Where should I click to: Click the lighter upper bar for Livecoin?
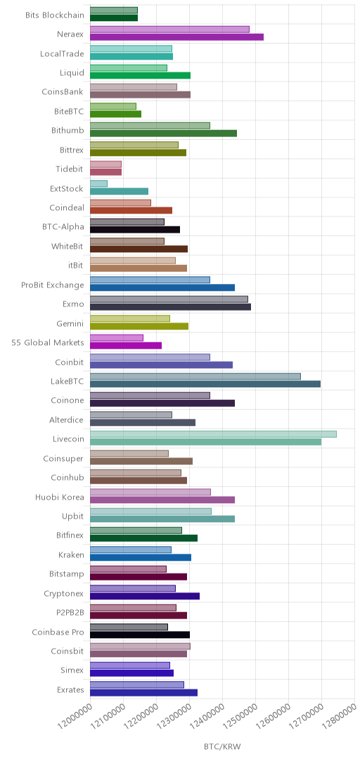[213, 434]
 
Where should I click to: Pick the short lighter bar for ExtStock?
[99, 183]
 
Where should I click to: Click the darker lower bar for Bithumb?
[163, 133]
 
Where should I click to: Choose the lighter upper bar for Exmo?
[169, 299]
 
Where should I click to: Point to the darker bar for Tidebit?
[105, 172]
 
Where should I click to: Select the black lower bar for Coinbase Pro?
[140, 635]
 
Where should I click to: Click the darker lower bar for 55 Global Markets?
[126, 345]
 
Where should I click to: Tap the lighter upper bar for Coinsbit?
[140, 647]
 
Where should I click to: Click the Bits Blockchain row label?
[55, 15]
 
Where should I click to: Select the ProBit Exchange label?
[53, 285]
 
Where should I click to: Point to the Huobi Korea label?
[60, 497]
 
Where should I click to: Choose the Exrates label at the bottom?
[70, 690]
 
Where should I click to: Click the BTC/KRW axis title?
[222, 746]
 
